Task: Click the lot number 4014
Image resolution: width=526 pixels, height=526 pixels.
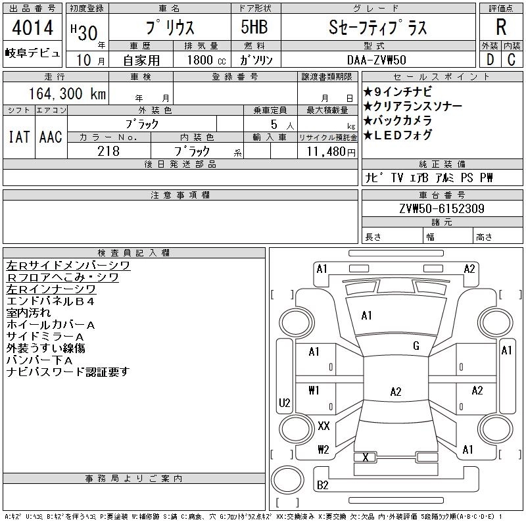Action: click(32, 27)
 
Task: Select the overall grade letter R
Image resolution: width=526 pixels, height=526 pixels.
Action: click(501, 27)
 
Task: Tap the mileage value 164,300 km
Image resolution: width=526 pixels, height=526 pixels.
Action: click(68, 93)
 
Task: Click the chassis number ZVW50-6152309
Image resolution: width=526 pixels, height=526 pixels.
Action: click(442, 208)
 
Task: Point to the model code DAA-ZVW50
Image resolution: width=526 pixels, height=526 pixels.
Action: click(377, 60)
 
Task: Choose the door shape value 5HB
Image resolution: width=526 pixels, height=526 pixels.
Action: click(254, 27)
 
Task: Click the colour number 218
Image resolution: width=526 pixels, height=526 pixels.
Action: click(108, 151)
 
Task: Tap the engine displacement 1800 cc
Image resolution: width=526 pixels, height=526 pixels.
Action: click(206, 60)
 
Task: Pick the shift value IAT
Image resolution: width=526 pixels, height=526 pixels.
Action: click(19, 137)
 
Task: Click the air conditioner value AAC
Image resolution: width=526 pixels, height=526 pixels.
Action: click(51, 137)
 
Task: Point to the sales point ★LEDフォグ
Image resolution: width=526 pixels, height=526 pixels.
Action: click(398, 135)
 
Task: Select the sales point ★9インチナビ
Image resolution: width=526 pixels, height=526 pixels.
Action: click(398, 91)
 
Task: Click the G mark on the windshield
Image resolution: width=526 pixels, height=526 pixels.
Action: click(416, 346)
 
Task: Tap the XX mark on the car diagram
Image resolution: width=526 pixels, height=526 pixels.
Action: click(323, 425)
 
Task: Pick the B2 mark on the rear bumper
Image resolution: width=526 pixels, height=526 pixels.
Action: click(322, 485)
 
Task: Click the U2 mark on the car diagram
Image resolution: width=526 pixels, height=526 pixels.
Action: click(285, 402)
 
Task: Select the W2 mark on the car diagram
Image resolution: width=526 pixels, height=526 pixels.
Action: click(323, 450)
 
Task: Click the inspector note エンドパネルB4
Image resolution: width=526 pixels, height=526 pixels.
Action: click(51, 301)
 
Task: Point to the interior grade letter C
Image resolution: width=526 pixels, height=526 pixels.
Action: click(512, 60)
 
